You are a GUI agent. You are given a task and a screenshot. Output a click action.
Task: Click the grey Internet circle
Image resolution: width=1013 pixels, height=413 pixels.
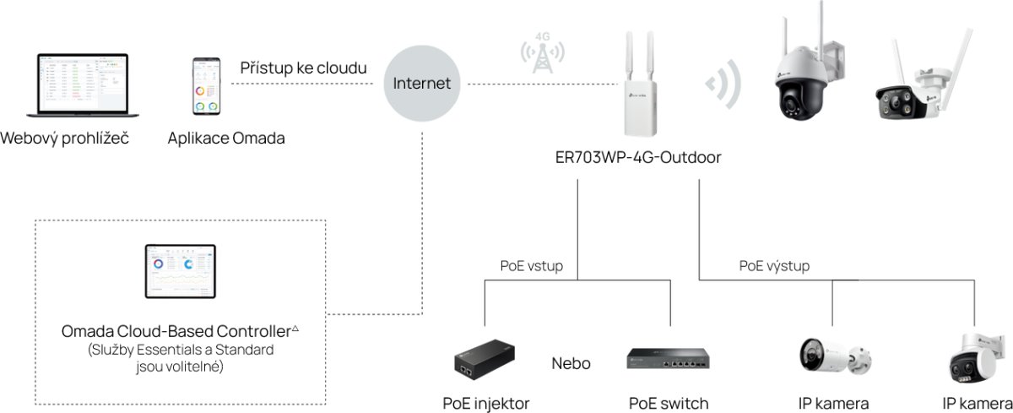422,84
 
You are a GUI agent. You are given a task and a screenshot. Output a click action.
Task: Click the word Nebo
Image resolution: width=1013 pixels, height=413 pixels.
571,364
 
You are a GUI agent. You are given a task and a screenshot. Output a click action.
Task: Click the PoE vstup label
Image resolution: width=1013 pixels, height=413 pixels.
531,266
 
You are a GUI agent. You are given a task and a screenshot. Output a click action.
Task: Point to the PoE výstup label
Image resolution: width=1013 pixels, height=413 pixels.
774,266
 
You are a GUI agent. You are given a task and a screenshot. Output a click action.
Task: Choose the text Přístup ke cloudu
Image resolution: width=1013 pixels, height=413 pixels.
304,68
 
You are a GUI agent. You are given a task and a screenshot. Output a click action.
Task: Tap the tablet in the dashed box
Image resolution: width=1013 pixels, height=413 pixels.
180,271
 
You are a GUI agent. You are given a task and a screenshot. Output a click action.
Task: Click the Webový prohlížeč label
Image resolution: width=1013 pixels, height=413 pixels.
65,138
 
